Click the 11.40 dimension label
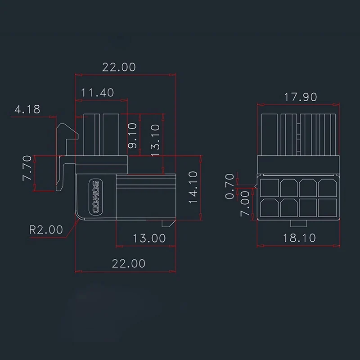pos(97,93)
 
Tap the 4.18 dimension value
pos(27,109)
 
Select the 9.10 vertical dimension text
pos(132,135)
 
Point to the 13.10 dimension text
pos(155,140)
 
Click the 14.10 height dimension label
pos(193,187)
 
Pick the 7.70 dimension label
pos(27,168)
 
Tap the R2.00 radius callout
pos(46,229)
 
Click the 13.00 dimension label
pos(149,238)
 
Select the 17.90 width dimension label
pos(301,97)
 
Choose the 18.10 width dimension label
pos(299,238)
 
